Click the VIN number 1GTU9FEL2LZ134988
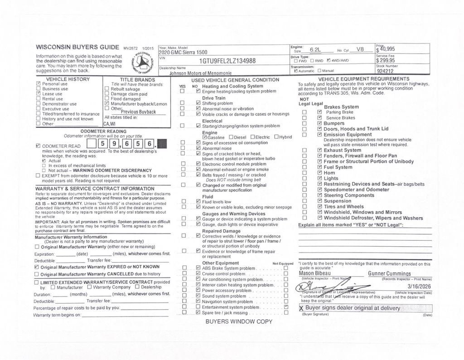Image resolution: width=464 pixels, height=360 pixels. coord(227,61)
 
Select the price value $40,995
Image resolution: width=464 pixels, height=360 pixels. coord(386,49)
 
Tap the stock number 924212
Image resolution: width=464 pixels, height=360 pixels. coord(385,71)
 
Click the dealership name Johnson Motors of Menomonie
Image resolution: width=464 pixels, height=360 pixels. coord(200,73)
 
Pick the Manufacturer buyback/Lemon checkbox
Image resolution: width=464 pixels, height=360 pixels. coord(107,104)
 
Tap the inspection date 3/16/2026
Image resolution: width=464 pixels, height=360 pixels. coord(419,287)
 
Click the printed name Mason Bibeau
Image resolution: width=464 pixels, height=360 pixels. coord(315,273)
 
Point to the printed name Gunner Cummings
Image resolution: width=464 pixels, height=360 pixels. coord(389,274)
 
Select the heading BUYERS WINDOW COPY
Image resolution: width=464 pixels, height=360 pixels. coord(239,321)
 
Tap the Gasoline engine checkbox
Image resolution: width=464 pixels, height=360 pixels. coord(205,137)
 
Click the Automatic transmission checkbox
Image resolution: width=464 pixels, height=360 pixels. coord(296,71)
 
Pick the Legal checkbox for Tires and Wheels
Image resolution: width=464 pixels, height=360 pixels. coord(319,207)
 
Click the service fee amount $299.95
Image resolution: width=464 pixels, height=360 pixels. coord(386,60)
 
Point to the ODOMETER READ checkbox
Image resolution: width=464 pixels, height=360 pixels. coord(38,146)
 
